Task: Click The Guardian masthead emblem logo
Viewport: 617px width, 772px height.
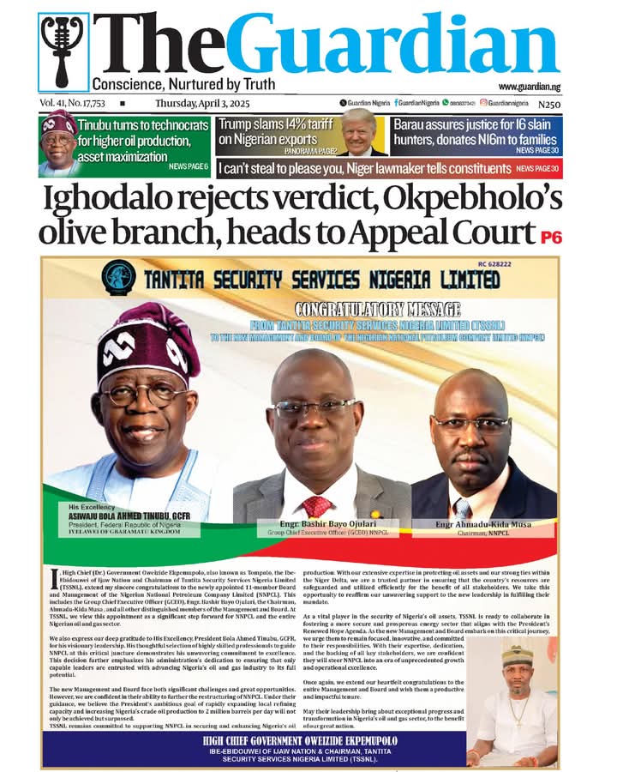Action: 64,52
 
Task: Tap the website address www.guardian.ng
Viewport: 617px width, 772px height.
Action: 529,87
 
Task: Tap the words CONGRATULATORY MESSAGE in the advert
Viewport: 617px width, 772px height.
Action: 377,309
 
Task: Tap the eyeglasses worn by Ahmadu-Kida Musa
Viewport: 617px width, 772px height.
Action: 470,423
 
